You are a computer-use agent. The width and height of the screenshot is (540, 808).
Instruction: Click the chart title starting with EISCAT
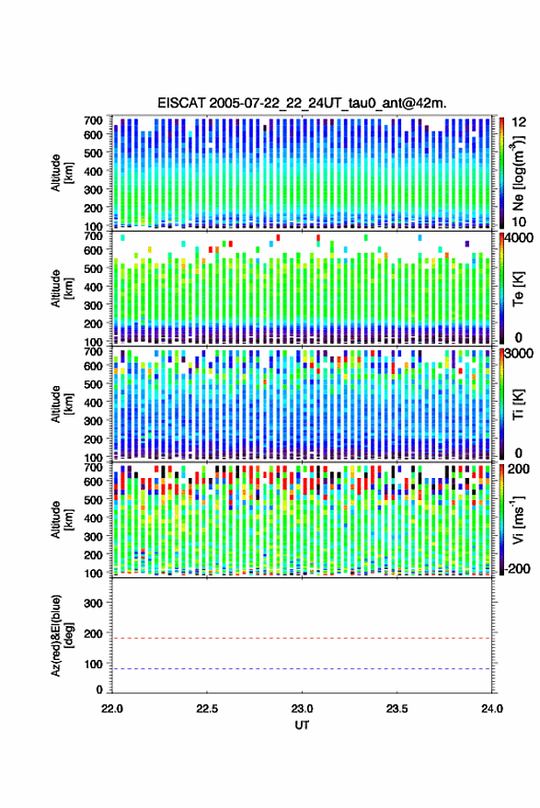click(x=302, y=104)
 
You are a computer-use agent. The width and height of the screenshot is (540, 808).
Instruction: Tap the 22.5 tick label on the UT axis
click(x=207, y=709)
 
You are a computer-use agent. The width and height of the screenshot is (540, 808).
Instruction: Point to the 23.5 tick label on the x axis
click(x=396, y=709)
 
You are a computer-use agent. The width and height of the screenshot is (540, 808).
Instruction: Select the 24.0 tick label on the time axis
click(x=491, y=709)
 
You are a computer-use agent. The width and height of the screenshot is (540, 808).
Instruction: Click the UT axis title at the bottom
click(x=302, y=725)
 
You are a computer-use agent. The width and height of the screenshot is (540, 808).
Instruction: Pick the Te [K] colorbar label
click(x=518, y=289)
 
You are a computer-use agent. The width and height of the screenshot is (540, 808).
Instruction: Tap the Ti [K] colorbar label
click(x=518, y=404)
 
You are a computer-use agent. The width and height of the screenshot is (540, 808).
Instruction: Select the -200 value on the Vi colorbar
click(x=516, y=569)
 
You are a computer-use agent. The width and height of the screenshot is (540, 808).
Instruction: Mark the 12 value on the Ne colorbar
click(x=519, y=122)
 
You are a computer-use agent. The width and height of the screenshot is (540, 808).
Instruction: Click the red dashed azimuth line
click(x=302, y=639)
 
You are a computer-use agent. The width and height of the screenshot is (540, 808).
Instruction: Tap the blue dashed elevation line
click(x=302, y=669)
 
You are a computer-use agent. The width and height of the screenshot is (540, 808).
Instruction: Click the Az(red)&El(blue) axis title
click(x=60, y=635)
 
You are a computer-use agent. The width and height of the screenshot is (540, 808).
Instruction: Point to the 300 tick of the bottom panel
click(x=93, y=603)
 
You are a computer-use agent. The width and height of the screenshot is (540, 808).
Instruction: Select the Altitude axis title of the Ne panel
click(x=60, y=173)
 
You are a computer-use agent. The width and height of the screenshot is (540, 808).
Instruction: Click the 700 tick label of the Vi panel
click(x=93, y=467)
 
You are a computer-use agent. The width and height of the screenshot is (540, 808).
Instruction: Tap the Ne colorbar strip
click(x=501, y=173)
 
